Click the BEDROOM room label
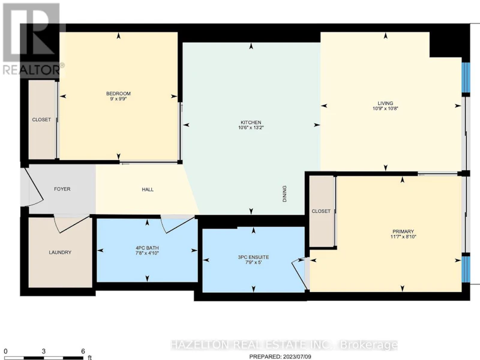point(118,94)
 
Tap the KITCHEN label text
point(251,122)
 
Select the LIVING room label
point(385,103)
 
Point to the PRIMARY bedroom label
point(403,232)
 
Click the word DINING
point(284,194)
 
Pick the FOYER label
point(62,189)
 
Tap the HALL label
point(148,190)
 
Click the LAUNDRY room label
point(60,252)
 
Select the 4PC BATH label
point(147,248)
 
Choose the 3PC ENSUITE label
point(253,257)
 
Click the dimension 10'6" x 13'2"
point(251,128)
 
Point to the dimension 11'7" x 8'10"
point(403,236)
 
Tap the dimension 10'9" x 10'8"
point(385,109)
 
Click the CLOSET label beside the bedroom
point(41,119)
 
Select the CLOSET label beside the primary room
point(321,211)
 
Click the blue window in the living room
point(466,77)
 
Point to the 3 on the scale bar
point(44,351)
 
